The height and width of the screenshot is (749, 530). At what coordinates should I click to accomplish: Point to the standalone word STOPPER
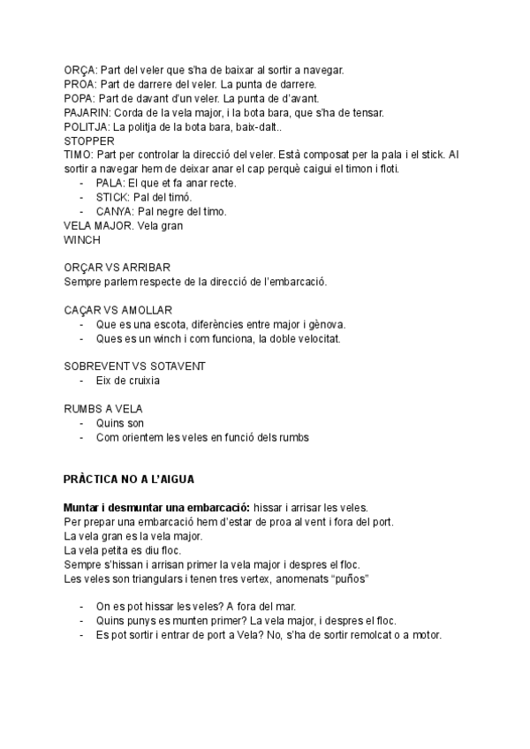(x=87, y=140)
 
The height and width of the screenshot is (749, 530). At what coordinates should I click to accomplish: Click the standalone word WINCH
(x=82, y=239)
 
